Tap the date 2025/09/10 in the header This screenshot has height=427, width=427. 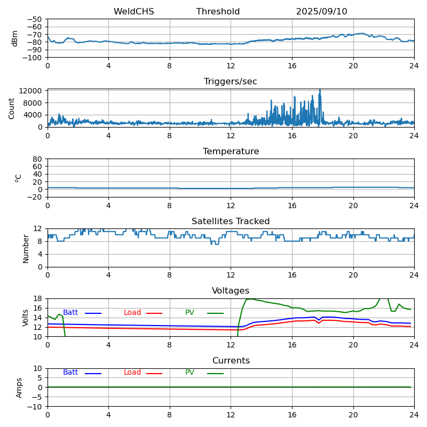point(321,12)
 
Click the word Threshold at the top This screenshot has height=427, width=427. point(218,12)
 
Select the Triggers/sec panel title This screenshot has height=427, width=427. point(231,82)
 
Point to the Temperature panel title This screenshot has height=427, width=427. point(231,152)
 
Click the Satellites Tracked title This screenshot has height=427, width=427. point(231,222)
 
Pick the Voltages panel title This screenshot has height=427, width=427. point(231,291)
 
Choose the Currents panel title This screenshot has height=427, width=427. point(231,361)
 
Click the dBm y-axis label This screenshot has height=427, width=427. point(15,38)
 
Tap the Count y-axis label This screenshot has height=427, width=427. point(12,108)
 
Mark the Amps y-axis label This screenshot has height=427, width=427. point(19,388)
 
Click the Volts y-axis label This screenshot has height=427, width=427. point(26,318)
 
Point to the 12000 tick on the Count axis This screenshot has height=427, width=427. point(33,91)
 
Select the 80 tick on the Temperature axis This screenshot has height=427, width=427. point(38,159)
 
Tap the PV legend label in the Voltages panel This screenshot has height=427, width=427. point(189,313)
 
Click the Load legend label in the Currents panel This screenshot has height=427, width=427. point(132,373)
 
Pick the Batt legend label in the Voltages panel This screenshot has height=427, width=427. point(70,313)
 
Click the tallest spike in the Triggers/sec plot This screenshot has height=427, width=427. point(320,91)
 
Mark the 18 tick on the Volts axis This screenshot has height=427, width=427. point(38,298)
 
